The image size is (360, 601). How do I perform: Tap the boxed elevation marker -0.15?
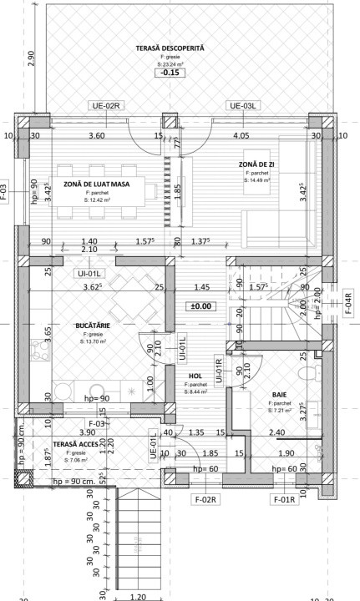click(170, 73)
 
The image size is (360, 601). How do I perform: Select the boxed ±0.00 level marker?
click(200, 306)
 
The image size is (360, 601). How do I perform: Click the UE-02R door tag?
click(107, 106)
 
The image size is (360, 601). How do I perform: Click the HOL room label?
click(196, 376)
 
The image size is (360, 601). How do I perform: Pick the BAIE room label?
click(279, 395)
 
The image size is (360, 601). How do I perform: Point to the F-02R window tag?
click(205, 499)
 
